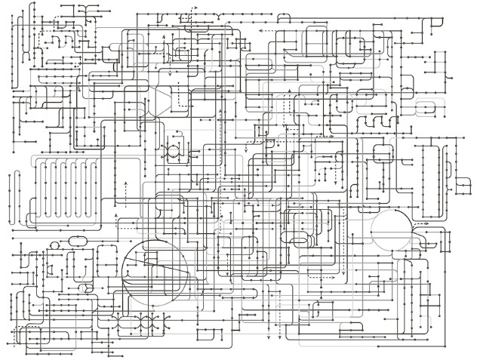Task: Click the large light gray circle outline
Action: coord(392,230)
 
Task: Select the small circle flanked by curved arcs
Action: coord(173,150)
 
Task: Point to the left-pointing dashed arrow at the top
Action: coord(267,32)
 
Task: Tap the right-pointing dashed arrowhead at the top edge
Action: coord(195,8)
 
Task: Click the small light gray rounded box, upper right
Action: coord(427,106)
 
